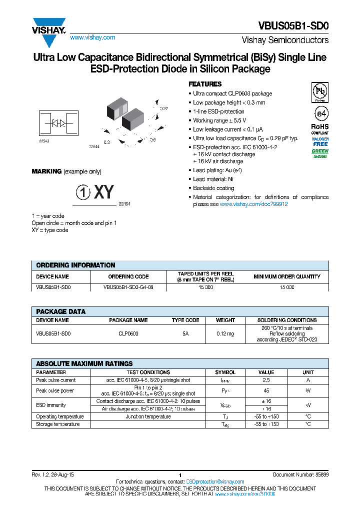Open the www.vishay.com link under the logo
pyautogui.click(x=92, y=37)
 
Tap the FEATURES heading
pyautogui.click(x=205, y=84)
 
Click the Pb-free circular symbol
pyautogui.click(x=319, y=92)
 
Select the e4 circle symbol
pyautogui.click(x=319, y=112)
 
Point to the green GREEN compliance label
pyautogui.click(x=320, y=150)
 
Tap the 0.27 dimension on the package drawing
pyautogui.click(x=163, y=108)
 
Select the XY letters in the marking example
pyautogui.click(x=104, y=192)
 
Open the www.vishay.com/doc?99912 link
pyautogui.click(x=254, y=204)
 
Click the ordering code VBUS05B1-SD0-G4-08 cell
pyautogui.click(x=128, y=287)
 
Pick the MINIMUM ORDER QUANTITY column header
pyautogui.click(x=286, y=276)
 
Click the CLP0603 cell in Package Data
pyautogui.click(x=128, y=333)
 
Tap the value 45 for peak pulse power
pyautogui.click(x=266, y=390)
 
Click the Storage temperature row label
pyautogui.click(x=58, y=424)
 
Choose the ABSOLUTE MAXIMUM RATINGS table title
pyautogui.click(x=84, y=363)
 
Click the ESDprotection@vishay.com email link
pyautogui.click(x=215, y=481)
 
